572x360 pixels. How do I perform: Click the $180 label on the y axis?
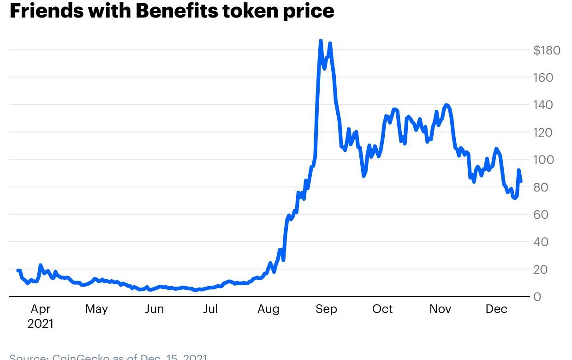pyautogui.click(x=547, y=50)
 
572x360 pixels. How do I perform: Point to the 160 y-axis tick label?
pyautogui.click(x=543, y=78)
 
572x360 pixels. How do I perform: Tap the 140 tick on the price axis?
pyautogui.click(x=543, y=105)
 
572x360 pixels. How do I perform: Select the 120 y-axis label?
pyautogui.click(x=543, y=132)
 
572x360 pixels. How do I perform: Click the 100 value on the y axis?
pyautogui.click(x=543, y=160)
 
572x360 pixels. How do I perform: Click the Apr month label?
pyautogui.click(x=40, y=309)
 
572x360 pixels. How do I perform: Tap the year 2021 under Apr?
pyautogui.click(x=40, y=324)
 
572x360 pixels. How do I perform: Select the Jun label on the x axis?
pyautogui.click(x=154, y=309)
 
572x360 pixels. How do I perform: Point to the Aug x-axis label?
pyautogui.click(x=268, y=309)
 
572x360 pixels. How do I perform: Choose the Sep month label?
pyautogui.click(x=326, y=309)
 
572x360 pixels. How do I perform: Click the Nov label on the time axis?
pyautogui.click(x=440, y=309)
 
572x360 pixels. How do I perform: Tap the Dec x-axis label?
pyautogui.click(x=496, y=309)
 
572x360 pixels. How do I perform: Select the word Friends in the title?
pyautogui.click(x=46, y=11)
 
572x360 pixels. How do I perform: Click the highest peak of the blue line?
pyautogui.click(x=321, y=41)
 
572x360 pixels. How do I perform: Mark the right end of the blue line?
pyautogui.click(x=521, y=181)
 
